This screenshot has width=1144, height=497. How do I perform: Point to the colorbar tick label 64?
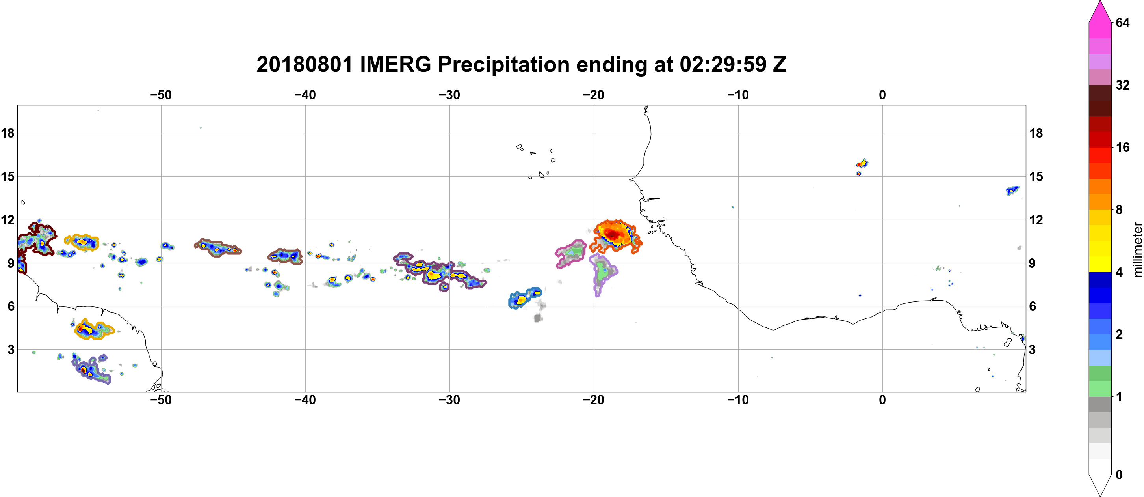(x=1123, y=22)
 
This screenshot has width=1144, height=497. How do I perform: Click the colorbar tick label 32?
(x=1123, y=85)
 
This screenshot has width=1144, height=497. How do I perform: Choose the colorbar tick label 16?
(x=1123, y=147)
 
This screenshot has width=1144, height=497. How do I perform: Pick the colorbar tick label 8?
(x=1119, y=209)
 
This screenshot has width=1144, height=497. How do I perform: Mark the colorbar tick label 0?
(x=1119, y=475)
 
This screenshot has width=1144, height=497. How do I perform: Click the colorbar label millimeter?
(x=1137, y=249)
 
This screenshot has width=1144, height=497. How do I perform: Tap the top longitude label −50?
(x=161, y=95)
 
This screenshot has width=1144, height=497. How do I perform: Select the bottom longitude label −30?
(x=449, y=400)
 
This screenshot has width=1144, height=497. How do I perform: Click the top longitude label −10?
(x=738, y=95)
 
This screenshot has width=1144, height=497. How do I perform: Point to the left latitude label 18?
(x=7, y=133)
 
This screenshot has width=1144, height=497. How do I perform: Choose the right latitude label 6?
(x=1033, y=306)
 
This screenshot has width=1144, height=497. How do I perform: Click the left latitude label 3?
(x=11, y=350)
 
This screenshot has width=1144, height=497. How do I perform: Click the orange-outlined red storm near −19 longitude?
(x=615, y=236)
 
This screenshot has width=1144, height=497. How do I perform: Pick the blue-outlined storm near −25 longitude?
(x=524, y=298)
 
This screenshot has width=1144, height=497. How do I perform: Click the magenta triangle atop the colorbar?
(x=1100, y=11)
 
